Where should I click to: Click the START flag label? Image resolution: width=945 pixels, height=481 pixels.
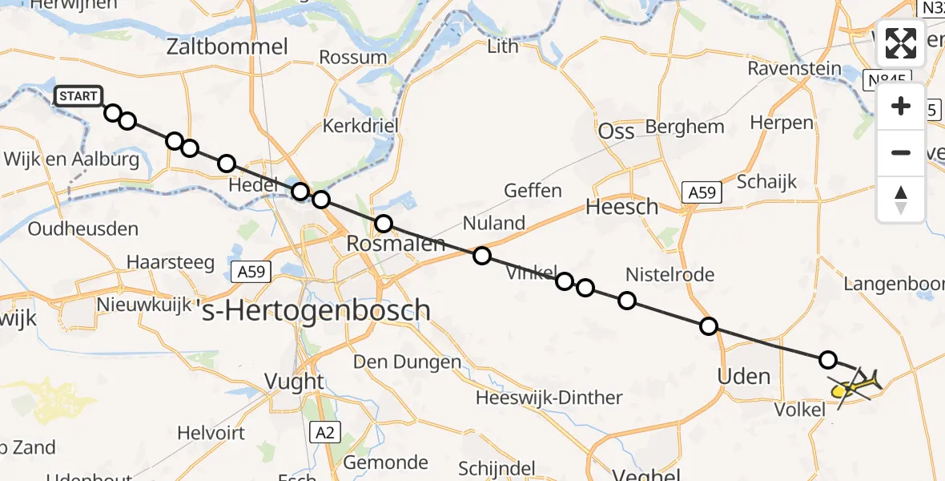[78, 97]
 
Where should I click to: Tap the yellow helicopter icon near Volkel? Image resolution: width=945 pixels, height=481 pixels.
[854, 388]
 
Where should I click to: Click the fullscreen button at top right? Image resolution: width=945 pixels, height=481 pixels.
[901, 43]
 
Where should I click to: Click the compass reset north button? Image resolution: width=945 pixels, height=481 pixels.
[901, 200]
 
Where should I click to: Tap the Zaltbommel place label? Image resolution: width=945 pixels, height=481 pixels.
[227, 46]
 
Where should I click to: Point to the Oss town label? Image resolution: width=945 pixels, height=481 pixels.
[617, 131]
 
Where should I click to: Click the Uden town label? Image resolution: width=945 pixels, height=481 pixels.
[745, 376]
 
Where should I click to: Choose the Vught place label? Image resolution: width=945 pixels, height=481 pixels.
[295, 382]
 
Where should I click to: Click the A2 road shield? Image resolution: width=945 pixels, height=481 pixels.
[324, 433]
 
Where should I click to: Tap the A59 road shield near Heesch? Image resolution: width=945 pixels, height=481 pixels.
[702, 192]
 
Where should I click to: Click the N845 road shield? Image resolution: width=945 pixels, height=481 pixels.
[886, 80]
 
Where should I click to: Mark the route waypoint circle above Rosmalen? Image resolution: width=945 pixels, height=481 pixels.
[384, 224]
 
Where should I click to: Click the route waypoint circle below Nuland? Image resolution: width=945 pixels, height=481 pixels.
[481, 256]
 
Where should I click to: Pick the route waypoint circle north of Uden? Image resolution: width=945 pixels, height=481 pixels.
[709, 325]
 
